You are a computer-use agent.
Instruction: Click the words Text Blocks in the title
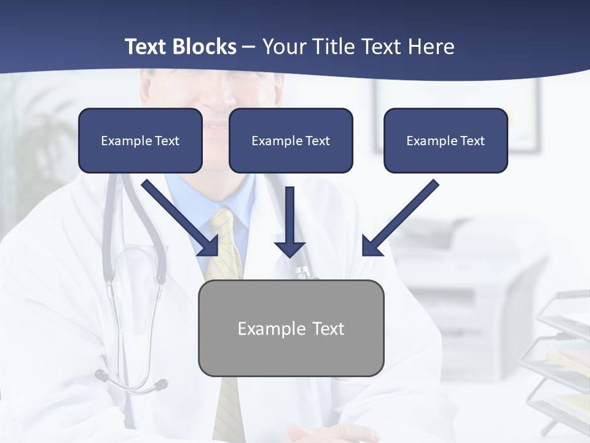(x=180, y=47)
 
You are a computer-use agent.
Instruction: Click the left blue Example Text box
(x=140, y=141)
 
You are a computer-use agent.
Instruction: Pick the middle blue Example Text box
(x=291, y=141)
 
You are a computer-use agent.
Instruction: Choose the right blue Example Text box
(x=446, y=141)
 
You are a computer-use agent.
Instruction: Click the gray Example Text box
(x=291, y=329)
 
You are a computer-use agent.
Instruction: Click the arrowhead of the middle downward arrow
(x=289, y=249)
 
